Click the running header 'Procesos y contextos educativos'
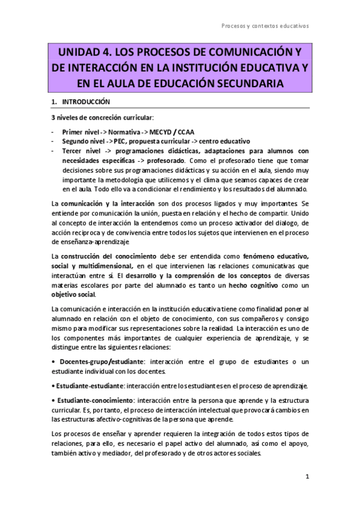click(265, 26)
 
